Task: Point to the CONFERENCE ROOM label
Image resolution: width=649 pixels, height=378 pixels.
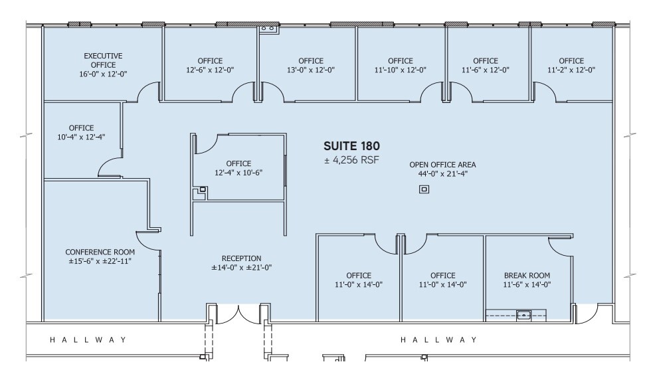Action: tap(100, 252)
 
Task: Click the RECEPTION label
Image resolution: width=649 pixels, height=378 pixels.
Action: tap(241, 258)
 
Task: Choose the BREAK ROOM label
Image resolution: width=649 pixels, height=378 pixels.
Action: tap(527, 275)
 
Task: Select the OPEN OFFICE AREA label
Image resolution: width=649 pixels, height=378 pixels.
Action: tap(442, 165)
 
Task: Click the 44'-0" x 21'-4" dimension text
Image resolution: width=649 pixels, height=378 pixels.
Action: tap(442, 174)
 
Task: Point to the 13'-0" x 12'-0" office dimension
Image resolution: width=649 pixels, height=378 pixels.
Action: tap(310, 70)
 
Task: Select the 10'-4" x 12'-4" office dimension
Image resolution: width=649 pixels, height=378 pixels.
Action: tap(81, 137)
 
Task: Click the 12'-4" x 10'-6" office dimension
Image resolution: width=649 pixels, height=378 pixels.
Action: tap(238, 173)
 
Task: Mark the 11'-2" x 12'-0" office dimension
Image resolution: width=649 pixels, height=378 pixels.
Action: tap(571, 70)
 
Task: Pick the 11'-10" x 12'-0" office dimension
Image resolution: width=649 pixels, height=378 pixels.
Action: tap(401, 70)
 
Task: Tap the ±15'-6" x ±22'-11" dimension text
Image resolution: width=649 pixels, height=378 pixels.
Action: tap(100, 261)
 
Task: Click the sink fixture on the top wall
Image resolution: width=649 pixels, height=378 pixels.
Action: tap(268, 29)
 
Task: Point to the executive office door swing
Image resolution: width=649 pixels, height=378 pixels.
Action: tap(149, 93)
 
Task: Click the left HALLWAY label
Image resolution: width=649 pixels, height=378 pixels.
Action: tap(88, 340)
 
